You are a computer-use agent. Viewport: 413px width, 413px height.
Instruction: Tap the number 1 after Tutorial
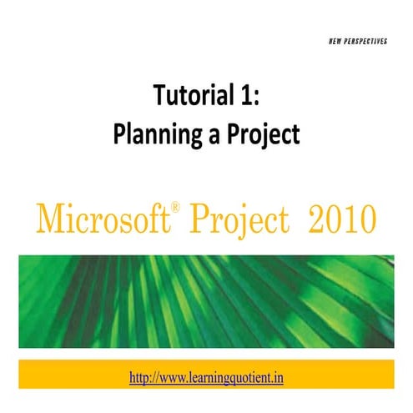click(x=245, y=98)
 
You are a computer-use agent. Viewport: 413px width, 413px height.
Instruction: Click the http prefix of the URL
click(x=141, y=377)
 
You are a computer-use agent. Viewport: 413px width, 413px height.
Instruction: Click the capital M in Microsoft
click(x=46, y=219)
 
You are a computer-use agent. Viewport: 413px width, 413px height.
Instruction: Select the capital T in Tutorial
click(x=158, y=98)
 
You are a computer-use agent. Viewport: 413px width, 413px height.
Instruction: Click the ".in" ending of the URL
click(x=280, y=377)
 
